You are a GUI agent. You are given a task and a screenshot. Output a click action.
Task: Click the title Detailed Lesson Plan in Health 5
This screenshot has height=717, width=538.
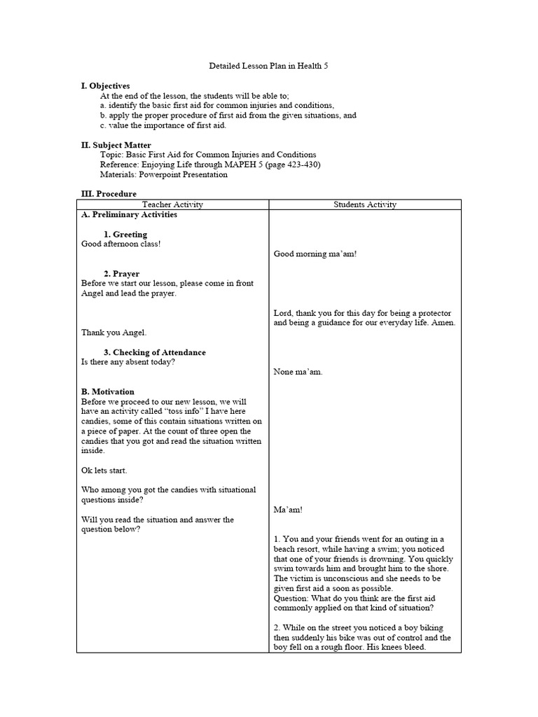tap(268, 66)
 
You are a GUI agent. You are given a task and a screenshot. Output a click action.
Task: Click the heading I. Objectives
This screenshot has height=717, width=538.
tap(105, 86)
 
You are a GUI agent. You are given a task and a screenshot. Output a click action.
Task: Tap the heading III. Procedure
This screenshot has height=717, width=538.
tap(109, 194)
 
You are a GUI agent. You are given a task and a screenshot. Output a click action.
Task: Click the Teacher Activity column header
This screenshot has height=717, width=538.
tap(172, 204)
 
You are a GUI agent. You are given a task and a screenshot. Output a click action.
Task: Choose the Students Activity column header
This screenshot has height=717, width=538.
tap(364, 204)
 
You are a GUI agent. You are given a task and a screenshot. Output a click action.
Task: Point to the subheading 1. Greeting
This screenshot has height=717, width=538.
tap(125, 235)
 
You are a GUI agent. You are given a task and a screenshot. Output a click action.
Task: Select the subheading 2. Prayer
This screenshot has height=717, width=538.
tap(121, 274)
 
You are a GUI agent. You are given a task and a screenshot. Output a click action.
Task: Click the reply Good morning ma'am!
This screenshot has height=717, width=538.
tap(315, 254)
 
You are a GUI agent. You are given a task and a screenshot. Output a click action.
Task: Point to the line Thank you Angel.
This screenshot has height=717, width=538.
tap(113, 333)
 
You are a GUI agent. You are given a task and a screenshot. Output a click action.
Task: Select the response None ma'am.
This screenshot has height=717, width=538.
tap(298, 372)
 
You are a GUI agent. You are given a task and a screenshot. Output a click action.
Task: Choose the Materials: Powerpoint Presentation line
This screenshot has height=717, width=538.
tap(163, 174)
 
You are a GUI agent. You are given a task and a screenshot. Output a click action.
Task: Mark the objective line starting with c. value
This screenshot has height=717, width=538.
tap(163, 125)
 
